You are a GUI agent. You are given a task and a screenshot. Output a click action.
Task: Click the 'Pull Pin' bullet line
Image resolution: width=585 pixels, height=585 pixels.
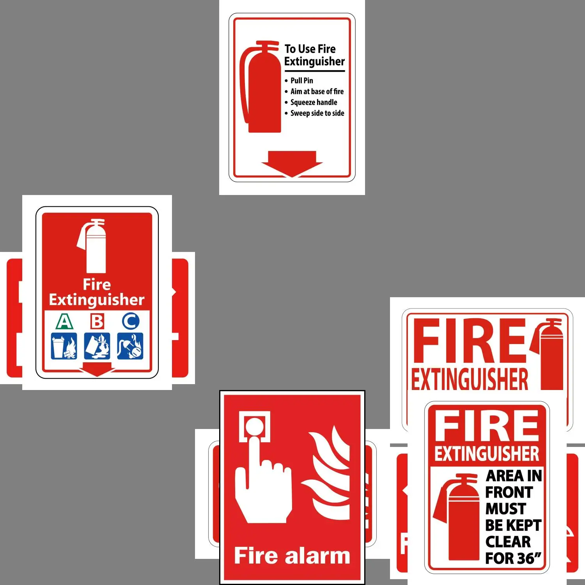click(301, 80)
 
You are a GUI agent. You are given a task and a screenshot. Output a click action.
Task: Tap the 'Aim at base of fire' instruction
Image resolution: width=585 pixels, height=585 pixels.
click(317, 91)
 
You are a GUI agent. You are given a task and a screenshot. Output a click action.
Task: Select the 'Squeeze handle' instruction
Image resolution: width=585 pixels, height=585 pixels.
click(314, 102)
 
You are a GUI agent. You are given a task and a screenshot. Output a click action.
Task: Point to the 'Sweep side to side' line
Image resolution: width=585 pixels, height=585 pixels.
click(317, 113)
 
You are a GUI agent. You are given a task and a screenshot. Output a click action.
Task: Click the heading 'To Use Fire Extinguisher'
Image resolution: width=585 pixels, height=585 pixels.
click(314, 55)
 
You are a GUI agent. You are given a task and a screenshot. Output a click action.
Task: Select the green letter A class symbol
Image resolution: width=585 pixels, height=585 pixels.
click(64, 321)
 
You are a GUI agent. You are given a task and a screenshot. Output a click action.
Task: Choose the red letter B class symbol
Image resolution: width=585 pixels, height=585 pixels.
click(97, 321)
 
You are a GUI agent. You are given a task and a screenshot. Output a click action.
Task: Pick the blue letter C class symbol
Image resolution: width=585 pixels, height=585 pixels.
click(130, 321)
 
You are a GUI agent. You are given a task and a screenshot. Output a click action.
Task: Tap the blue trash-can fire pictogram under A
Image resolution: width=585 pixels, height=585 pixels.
click(64, 346)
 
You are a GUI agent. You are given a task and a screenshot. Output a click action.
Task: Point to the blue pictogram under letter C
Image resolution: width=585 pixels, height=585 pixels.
click(130, 346)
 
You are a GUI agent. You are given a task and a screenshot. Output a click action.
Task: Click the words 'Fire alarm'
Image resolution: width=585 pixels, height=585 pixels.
click(292, 555)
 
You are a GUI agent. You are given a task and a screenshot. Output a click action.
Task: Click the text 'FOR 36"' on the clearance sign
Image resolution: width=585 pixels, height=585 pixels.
click(513, 558)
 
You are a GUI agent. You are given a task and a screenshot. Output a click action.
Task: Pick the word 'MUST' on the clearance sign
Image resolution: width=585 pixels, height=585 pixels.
click(505, 509)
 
